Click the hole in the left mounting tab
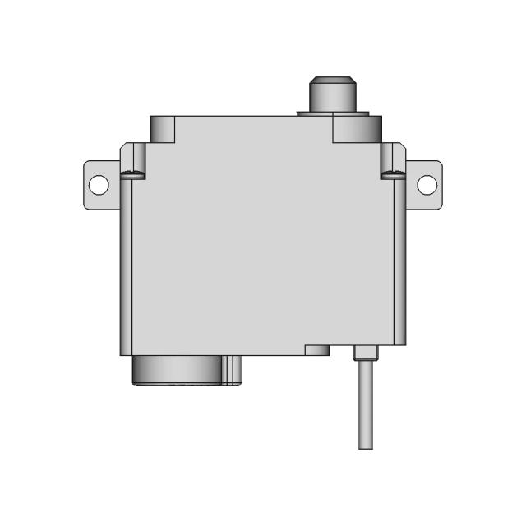(x=99, y=184)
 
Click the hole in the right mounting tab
(x=427, y=184)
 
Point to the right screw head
(x=393, y=173)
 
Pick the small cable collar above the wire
(x=365, y=353)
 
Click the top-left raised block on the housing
(x=164, y=128)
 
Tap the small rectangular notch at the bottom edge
(x=317, y=349)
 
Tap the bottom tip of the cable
(x=366, y=446)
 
